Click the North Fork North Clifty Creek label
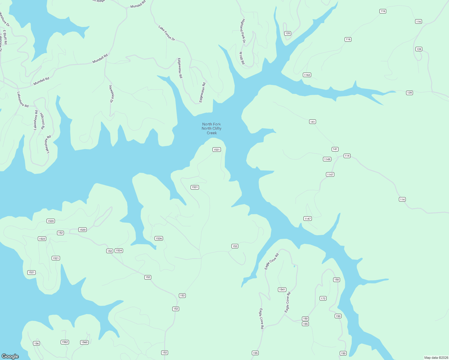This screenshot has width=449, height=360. click(x=212, y=128)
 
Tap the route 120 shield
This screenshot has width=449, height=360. click(x=288, y=33)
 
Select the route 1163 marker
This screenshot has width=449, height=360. click(x=307, y=75)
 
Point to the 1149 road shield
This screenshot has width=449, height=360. click(x=327, y=159)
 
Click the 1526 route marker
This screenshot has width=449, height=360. click(x=159, y=238)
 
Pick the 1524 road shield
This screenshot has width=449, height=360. click(x=119, y=250)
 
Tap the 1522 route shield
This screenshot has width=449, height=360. click(x=42, y=239)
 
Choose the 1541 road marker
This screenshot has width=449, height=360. click(x=282, y=289)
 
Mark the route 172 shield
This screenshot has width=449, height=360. click(x=323, y=298)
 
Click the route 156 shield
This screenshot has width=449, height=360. click(x=36, y=343)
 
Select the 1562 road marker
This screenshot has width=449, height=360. click(x=65, y=342)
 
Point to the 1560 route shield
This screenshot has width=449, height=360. click(x=84, y=342)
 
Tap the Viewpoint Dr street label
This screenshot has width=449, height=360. click(x=111, y=94)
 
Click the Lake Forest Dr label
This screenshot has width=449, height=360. click(x=167, y=33)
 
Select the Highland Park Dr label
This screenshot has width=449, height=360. click(x=243, y=31)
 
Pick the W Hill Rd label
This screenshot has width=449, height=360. click(x=242, y=58)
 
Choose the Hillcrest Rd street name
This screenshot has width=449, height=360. click(x=42, y=121)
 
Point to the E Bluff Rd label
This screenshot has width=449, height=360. click(x=5, y=37)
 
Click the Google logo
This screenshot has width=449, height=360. click(x=10, y=356)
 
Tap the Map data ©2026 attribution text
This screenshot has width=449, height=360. click(x=436, y=358)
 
